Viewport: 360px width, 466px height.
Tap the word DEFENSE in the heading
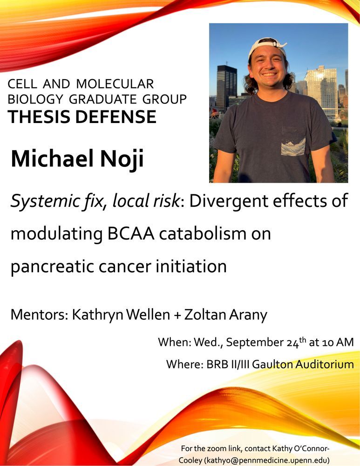(116, 116)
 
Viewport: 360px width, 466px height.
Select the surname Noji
(122, 159)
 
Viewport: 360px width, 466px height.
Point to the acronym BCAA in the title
(131, 233)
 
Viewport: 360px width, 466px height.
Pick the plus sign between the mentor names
(177, 315)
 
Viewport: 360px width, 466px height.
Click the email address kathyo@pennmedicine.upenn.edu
(254, 460)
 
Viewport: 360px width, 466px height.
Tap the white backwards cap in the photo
(267, 46)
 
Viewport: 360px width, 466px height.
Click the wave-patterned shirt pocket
(293, 141)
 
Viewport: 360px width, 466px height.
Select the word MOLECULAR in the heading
(115, 84)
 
